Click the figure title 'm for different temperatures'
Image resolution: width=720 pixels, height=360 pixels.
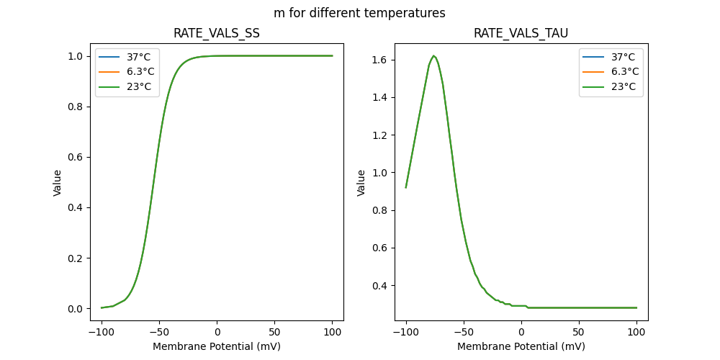[x=359, y=13]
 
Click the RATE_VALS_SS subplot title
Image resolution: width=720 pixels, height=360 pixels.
[x=217, y=34]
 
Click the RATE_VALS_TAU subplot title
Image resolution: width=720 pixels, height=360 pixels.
[x=521, y=34]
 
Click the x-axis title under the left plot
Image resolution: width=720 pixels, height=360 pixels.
[x=217, y=346]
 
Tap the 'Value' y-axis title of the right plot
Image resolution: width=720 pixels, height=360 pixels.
[x=361, y=182]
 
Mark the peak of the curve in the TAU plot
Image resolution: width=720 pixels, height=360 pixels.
[x=433, y=55]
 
